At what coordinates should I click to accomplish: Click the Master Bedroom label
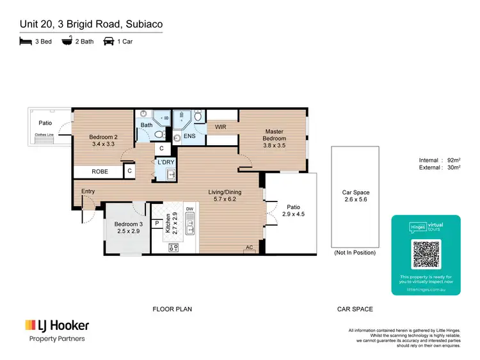pos(275,138)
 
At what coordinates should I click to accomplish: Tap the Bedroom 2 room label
pos(103,141)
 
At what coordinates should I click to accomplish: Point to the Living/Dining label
pos(227,194)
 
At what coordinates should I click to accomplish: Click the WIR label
pos(221,127)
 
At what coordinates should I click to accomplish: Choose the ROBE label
pos(100,171)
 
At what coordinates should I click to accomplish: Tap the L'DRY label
pos(166,162)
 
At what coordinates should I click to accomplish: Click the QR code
pos(426,254)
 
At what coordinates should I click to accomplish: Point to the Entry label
pos(88,191)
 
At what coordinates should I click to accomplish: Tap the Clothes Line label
pos(44,134)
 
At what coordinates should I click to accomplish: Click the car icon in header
pos(109,42)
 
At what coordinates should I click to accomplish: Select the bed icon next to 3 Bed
pos(25,42)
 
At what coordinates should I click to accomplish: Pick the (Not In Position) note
pos(355,253)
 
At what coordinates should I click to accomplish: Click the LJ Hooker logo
pos(56,325)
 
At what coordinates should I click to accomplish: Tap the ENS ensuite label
pos(189,136)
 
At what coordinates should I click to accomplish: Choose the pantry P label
pos(157,223)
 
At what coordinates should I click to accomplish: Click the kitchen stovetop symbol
pos(173,247)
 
